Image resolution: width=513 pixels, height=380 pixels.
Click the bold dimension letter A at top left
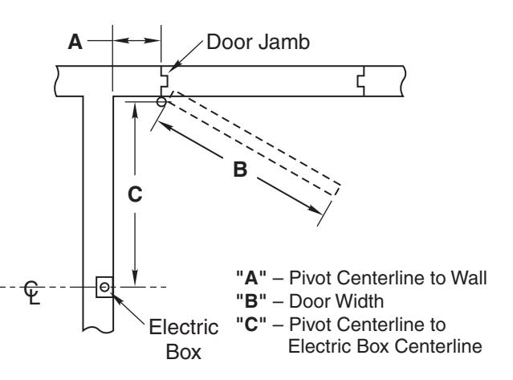click(75, 42)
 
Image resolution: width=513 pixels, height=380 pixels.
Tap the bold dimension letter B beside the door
click(240, 170)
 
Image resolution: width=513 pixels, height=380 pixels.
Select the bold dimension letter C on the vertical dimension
click(135, 194)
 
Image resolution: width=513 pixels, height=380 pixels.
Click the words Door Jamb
click(259, 43)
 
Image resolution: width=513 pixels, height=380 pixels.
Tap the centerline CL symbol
click(32, 292)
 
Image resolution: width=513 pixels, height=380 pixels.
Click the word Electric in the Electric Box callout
click(184, 327)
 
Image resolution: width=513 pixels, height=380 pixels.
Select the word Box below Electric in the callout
click(184, 352)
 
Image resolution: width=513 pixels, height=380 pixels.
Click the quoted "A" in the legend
click(251, 277)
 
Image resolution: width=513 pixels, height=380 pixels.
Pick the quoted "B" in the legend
click(251, 300)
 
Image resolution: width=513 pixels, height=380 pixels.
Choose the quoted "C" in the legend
click(251, 324)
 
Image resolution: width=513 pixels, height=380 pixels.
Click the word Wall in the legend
click(469, 277)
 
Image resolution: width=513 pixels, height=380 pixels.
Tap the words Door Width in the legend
click(336, 300)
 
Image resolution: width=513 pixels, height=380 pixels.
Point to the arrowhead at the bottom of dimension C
click(135, 278)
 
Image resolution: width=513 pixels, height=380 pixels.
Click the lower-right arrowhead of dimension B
click(316, 210)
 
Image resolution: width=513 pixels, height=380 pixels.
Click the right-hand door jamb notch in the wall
click(360, 81)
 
